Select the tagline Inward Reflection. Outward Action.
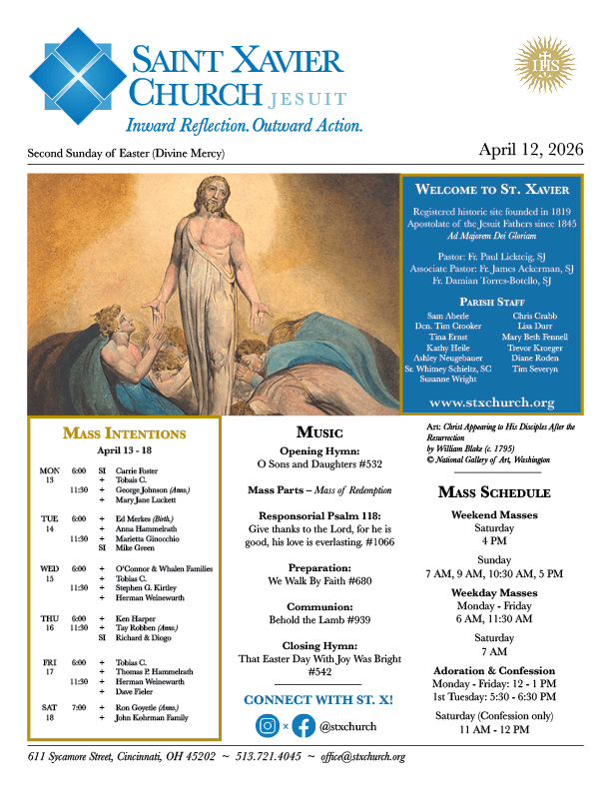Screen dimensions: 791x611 [x=243, y=126]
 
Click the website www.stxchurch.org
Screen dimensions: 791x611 [x=491, y=401]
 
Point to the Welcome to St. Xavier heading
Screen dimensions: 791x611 [x=492, y=189]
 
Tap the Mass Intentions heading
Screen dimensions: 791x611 [x=124, y=433]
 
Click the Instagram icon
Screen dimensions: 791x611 [x=268, y=726]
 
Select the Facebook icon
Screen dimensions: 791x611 [x=304, y=726]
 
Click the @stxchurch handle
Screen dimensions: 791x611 [x=349, y=727]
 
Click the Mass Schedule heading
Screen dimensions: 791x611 [x=491, y=492]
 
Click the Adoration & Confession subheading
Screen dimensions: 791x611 [x=492, y=670]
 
